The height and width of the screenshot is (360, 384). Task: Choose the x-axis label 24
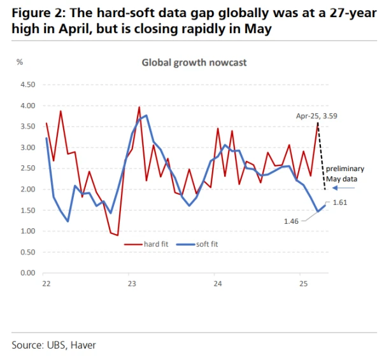click(x=216, y=282)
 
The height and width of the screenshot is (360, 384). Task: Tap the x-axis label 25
click(x=302, y=282)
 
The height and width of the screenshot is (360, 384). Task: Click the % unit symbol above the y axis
click(x=20, y=62)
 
